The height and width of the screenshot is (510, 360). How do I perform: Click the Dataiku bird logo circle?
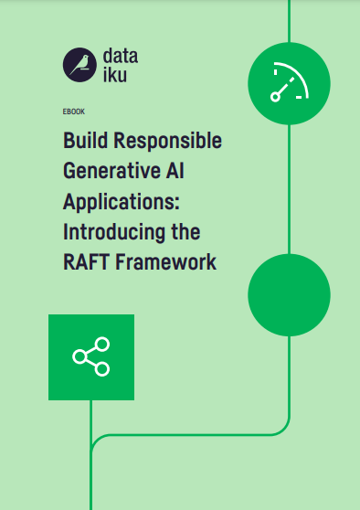tap(79, 65)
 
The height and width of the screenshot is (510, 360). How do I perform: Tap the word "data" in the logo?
tap(121, 56)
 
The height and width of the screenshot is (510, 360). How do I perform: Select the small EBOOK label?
tap(74, 112)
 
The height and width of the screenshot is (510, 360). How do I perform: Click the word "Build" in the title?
tap(86, 140)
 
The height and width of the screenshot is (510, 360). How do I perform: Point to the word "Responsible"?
tap(168, 141)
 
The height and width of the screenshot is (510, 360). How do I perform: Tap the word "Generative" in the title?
tap(111, 170)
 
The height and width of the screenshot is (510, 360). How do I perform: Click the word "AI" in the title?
tap(175, 170)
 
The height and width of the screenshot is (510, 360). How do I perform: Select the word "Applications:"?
tap(122, 202)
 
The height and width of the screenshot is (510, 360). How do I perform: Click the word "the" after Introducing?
tap(185, 231)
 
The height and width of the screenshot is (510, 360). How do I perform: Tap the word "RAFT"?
tap(86, 262)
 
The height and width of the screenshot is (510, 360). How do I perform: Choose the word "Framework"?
tap(166, 262)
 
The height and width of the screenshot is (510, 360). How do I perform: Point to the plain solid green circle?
tap(289, 294)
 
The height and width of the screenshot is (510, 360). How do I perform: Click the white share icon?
tap(91, 356)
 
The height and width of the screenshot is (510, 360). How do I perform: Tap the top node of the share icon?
tap(102, 345)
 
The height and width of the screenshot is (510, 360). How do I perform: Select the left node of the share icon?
tap(79, 356)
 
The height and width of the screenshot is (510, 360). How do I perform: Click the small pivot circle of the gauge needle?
tap(275, 97)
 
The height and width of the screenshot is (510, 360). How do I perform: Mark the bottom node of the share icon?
tap(102, 369)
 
